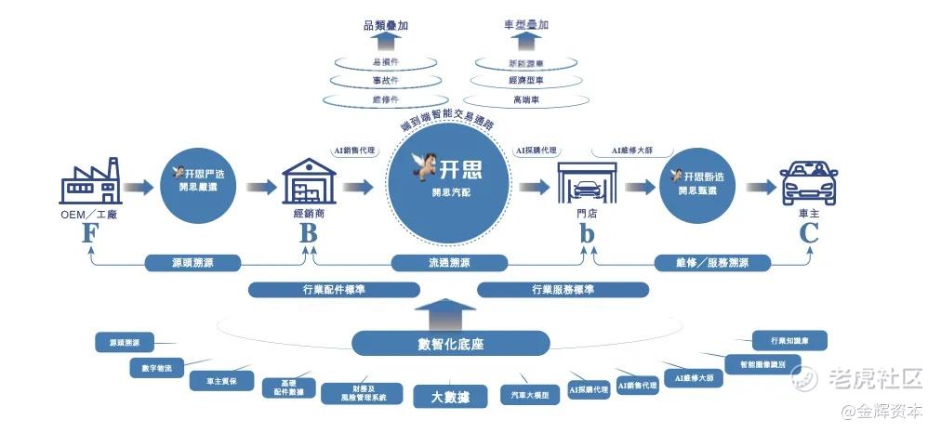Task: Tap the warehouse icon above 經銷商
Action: pyautogui.click(x=308, y=181)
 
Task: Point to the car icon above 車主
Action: pyautogui.click(x=808, y=183)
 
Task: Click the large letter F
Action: pyautogui.click(x=90, y=232)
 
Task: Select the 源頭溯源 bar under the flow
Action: pyautogui.click(x=192, y=263)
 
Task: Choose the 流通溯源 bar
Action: pyautogui.click(x=450, y=263)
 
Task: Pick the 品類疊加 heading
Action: pyautogui.click(x=385, y=27)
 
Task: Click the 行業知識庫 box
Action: pyautogui.click(x=789, y=341)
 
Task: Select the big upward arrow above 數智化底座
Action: pyautogui.click(x=450, y=314)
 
